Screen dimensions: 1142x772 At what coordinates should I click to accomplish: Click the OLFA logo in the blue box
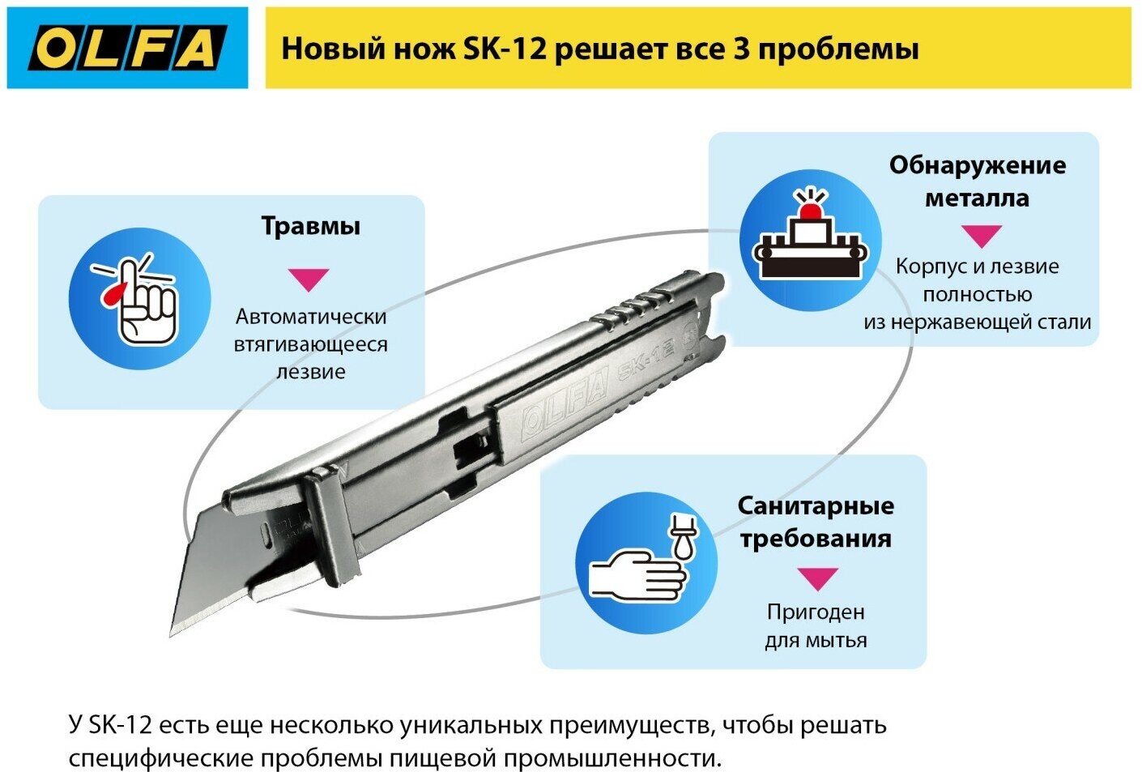click(126, 49)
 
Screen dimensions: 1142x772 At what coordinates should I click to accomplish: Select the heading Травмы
click(310, 226)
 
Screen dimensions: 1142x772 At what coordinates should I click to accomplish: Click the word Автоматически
click(311, 317)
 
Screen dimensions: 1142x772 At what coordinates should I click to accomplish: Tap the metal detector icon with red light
click(810, 240)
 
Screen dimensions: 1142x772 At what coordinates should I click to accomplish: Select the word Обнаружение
click(977, 165)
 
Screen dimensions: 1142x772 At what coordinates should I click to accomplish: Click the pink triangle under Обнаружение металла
click(981, 236)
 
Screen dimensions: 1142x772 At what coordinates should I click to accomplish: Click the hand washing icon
click(646, 564)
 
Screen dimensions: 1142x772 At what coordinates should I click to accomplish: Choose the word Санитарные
click(816, 505)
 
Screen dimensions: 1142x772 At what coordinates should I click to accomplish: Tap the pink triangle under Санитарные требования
click(816, 578)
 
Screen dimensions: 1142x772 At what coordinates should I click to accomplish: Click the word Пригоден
click(816, 612)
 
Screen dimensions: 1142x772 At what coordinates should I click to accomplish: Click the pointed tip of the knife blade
click(173, 633)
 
